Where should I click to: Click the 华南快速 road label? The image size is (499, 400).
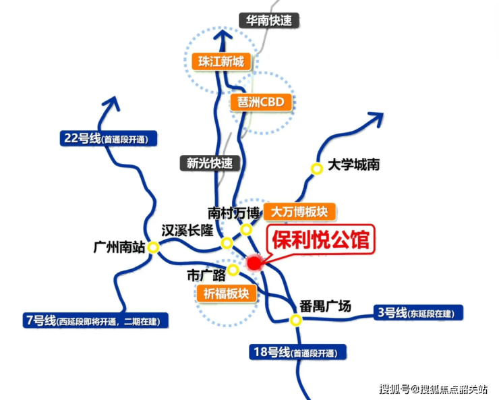click(x=269, y=20)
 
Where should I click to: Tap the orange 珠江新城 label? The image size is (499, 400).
click(x=221, y=61)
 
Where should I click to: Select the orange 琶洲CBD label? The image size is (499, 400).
click(x=261, y=102)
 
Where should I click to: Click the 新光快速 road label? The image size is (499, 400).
click(x=210, y=163)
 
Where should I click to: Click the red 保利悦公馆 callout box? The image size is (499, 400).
click(x=322, y=241)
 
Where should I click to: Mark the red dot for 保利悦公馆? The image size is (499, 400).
click(x=254, y=263)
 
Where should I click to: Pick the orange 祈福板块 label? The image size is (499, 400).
click(x=227, y=293)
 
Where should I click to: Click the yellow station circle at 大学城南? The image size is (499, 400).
click(x=316, y=169)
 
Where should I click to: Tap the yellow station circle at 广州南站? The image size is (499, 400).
click(x=153, y=248)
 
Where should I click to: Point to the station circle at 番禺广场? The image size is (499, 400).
click(x=295, y=320)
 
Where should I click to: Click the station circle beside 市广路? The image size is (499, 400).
click(x=233, y=270)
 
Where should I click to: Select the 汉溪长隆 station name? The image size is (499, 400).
click(x=187, y=230)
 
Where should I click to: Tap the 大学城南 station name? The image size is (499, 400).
click(x=353, y=164)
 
